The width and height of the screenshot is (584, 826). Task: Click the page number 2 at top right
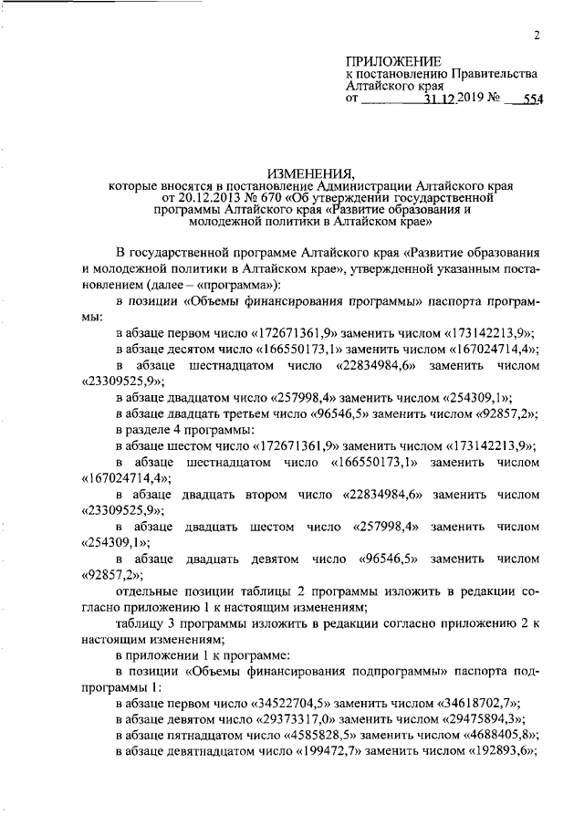(537, 36)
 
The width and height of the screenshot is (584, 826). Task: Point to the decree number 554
(530, 101)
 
